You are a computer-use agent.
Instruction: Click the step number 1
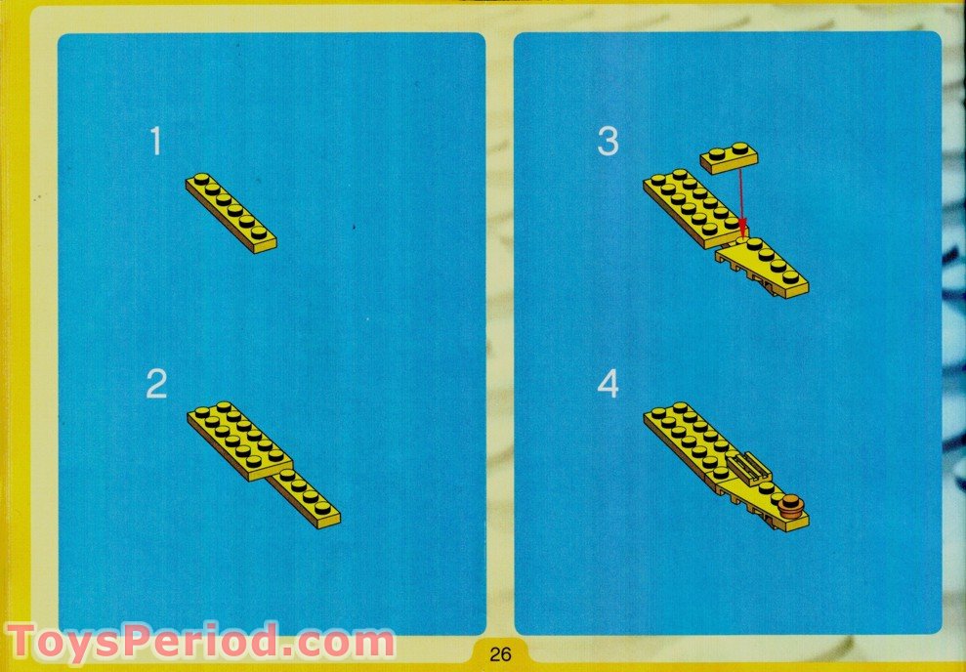click(154, 144)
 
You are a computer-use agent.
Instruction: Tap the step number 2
click(156, 385)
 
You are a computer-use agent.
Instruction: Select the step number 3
click(608, 143)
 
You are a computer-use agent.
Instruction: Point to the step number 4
click(608, 385)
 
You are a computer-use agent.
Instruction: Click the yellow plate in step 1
click(231, 212)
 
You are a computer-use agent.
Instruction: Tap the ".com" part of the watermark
click(338, 643)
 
